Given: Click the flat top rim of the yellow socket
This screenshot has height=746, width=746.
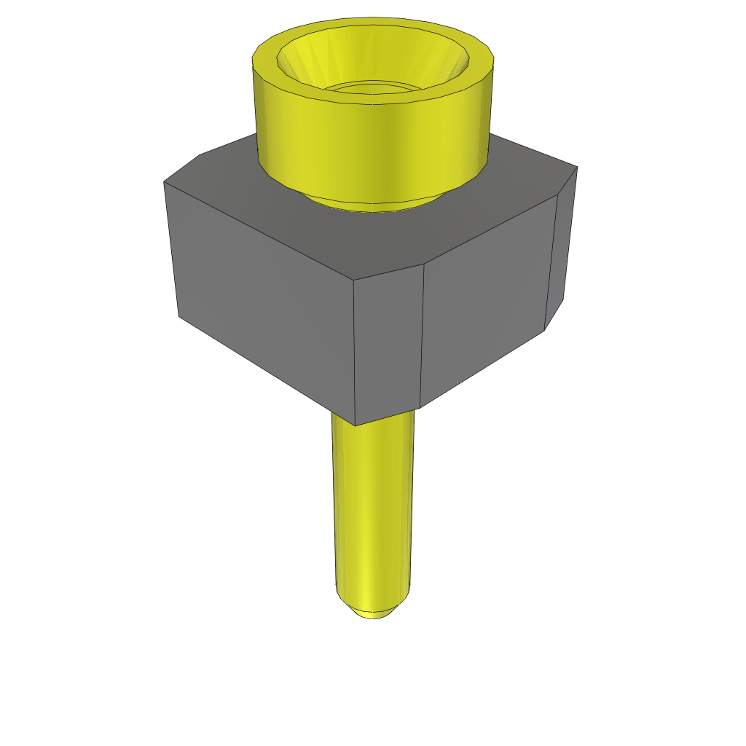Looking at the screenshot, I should click(264, 58).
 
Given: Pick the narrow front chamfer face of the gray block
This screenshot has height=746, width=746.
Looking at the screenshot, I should click(388, 342).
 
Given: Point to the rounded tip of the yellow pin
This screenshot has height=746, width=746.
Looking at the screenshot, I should click(373, 610).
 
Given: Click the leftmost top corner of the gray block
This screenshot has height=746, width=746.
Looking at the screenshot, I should click(164, 182).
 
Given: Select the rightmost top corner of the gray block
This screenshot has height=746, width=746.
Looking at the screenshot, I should click(577, 168).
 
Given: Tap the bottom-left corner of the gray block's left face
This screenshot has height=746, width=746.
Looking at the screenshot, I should click(179, 316).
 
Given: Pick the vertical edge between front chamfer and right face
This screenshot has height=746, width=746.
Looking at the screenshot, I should click(423, 335).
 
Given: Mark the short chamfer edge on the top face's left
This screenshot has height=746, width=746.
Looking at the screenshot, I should click(181, 168).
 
